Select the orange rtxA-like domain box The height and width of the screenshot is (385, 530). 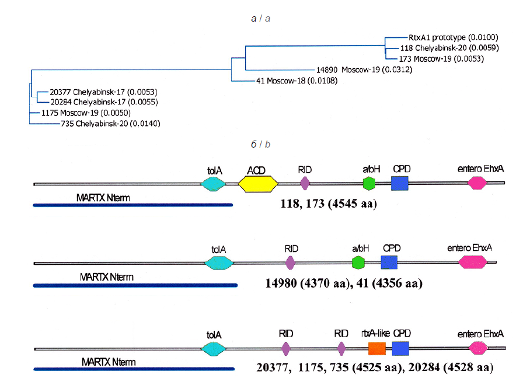tap(377, 349)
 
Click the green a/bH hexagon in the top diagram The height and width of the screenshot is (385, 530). tap(369, 184)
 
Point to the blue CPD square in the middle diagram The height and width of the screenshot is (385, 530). tap(389, 262)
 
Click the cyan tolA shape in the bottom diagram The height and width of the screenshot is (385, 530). tap(214, 349)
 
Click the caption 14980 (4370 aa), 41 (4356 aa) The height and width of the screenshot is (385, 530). tap(343, 283)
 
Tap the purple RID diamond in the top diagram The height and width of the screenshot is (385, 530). tap(304, 184)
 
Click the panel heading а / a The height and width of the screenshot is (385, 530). tap(260, 19)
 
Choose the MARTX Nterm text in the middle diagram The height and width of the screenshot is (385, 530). tap(106, 276)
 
